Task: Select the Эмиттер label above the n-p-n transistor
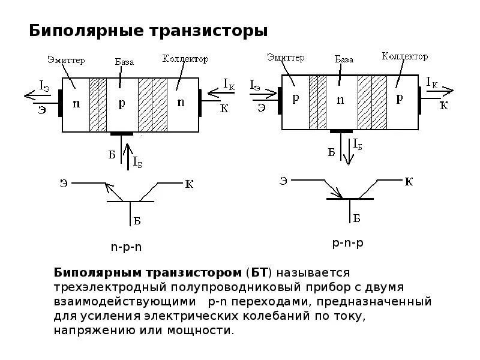pyautogui.click(x=66, y=59)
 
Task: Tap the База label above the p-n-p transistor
pyautogui.click(x=344, y=59)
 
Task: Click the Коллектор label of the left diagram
pyautogui.click(x=185, y=59)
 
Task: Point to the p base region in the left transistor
pyautogui.click(x=122, y=103)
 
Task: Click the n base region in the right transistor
pyautogui.click(x=340, y=100)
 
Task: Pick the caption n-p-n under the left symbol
pyautogui.click(x=126, y=247)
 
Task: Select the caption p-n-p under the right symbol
pyautogui.click(x=348, y=243)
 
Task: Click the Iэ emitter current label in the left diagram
pyautogui.click(x=44, y=86)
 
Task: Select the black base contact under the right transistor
pyautogui.click(x=341, y=131)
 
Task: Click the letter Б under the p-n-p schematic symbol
pyautogui.click(x=356, y=218)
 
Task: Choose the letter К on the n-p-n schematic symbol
pyautogui.click(x=189, y=184)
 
